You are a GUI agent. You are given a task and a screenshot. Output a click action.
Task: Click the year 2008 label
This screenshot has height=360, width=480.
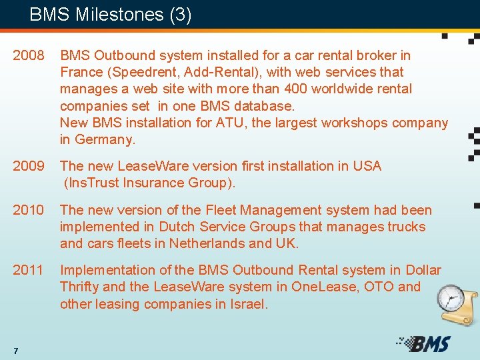[x=29, y=55]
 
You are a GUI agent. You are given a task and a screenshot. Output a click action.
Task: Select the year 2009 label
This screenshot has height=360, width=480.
[x=29, y=166]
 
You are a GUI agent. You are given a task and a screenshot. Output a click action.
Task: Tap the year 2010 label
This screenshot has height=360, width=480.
[x=29, y=210]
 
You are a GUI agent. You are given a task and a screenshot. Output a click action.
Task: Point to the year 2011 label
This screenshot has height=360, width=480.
[x=29, y=270]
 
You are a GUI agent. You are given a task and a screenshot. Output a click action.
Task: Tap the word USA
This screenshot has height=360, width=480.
[x=368, y=166]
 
